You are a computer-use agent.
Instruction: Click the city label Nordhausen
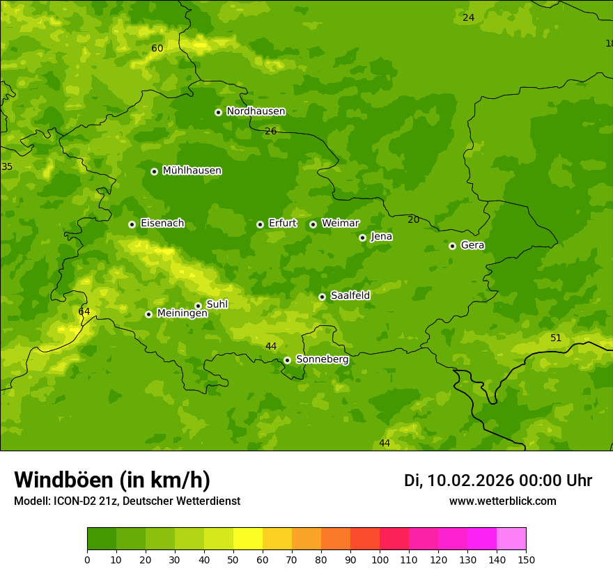coord(256,111)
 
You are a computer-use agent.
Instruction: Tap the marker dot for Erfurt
coord(260,224)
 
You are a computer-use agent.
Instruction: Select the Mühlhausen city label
coord(192,171)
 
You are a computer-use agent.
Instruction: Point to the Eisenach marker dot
coord(132,224)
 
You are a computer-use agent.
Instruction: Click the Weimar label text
coord(340,224)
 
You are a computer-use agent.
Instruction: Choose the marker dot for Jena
coord(362,237)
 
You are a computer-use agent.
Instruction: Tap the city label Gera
coord(472,245)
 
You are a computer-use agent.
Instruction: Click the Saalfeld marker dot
coord(322,297)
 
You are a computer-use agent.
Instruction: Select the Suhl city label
coord(217,304)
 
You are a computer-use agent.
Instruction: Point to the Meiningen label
coord(182,313)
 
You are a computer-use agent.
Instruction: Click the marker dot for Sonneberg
coord(287,360)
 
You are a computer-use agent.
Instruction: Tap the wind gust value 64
coord(84,311)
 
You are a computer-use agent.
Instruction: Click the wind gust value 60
coord(157,48)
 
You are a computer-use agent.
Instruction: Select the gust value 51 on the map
coord(556,338)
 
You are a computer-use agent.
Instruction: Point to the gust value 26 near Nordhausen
coord(271,131)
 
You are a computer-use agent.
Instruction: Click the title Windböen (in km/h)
coord(112,480)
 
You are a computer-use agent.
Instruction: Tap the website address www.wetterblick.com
coord(502,501)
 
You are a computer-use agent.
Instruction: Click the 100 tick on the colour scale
coord(380,559)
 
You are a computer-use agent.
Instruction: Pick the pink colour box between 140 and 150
coord(511,538)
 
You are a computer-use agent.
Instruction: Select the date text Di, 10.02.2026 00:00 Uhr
coord(498,481)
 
